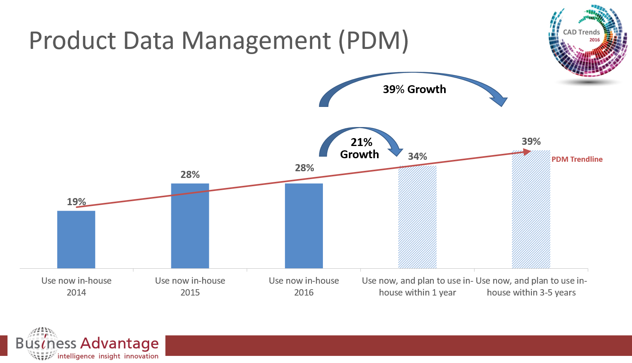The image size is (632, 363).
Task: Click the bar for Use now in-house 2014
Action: [x=76, y=240]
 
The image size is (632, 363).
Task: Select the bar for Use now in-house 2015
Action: [x=190, y=226]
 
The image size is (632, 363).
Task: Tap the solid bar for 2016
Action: [x=304, y=226]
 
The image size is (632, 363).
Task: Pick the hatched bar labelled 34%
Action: [x=417, y=217]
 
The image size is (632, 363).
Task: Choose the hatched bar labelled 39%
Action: [x=531, y=209]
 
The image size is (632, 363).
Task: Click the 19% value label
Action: [x=76, y=202]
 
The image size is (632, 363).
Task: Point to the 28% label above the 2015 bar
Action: [x=190, y=174]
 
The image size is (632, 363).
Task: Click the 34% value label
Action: [x=417, y=156]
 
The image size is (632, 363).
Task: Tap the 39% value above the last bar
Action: [x=531, y=141]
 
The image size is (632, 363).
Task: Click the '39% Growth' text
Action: [x=414, y=89]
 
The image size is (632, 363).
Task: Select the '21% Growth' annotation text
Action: [x=360, y=148]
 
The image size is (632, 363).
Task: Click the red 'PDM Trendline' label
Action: [x=577, y=159]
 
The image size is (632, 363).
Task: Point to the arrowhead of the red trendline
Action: [x=527, y=152]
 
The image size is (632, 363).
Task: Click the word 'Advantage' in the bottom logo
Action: [x=119, y=343]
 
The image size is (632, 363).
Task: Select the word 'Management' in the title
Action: [x=256, y=41]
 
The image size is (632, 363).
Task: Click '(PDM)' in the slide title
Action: [x=373, y=41]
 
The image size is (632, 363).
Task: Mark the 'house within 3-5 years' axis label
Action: [x=531, y=292]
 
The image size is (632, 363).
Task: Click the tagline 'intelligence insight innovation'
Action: [x=108, y=356]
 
